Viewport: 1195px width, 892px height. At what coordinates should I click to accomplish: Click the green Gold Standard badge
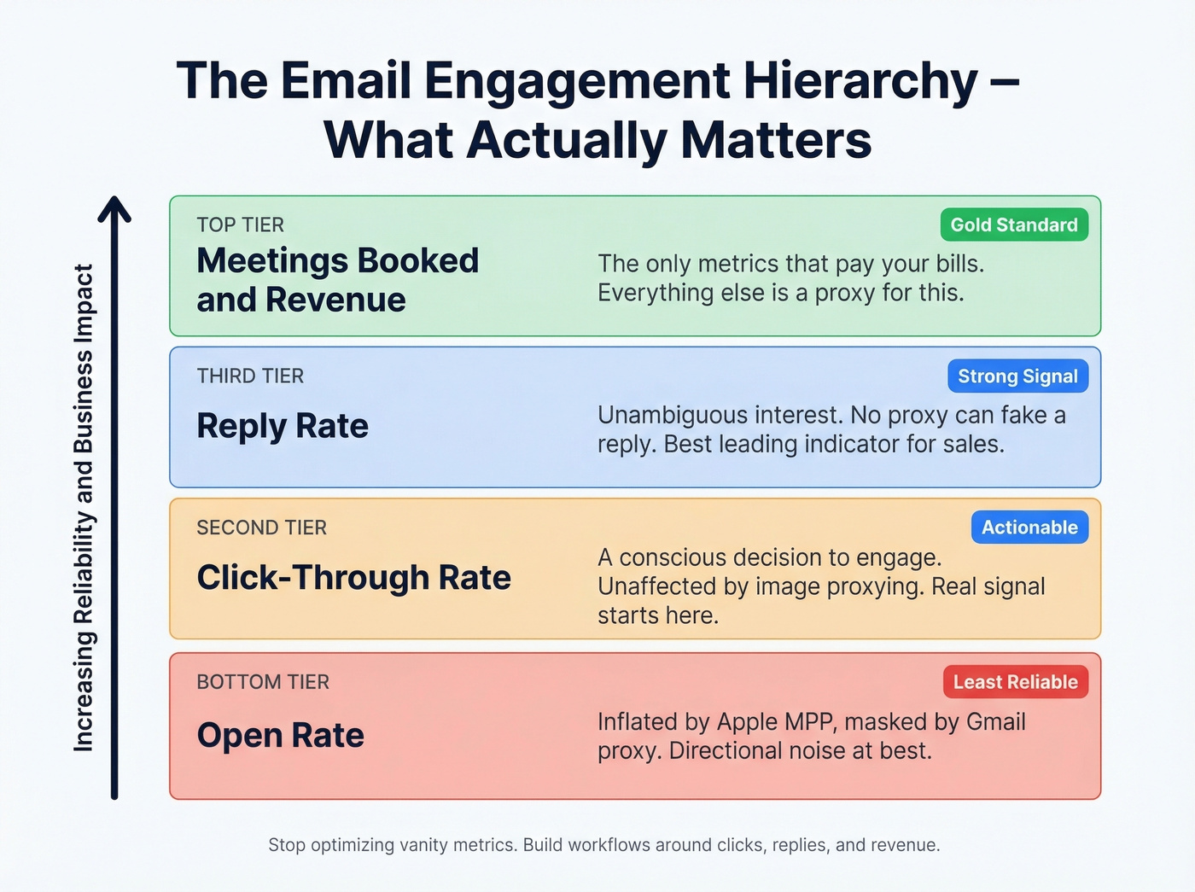[x=1014, y=224]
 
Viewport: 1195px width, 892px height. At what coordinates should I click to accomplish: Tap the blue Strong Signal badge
[x=1017, y=376]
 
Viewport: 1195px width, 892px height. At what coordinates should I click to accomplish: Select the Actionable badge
[x=1029, y=528]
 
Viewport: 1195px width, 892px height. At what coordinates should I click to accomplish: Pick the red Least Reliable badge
[x=1015, y=682]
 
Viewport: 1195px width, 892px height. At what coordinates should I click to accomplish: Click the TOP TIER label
[x=240, y=224]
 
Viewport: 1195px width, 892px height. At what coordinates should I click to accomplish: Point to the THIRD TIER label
[x=250, y=376]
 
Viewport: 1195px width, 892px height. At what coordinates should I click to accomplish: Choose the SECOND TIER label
[x=261, y=528]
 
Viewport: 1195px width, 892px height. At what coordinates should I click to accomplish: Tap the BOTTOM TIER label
[x=263, y=682]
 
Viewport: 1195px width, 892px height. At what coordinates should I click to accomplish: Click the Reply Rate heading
[x=283, y=426]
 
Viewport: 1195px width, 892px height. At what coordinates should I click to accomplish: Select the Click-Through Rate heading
[x=353, y=578]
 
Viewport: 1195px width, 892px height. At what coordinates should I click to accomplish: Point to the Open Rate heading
[x=280, y=735]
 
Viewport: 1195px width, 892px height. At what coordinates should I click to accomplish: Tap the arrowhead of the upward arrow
[x=114, y=207]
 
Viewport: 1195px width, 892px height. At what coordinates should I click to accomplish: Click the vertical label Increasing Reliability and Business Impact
[x=84, y=508]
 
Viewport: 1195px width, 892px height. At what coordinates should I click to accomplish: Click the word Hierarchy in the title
[x=860, y=81]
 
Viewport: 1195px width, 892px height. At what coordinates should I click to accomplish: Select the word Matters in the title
[x=776, y=141]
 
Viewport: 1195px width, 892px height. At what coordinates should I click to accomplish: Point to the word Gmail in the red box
[x=995, y=722]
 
